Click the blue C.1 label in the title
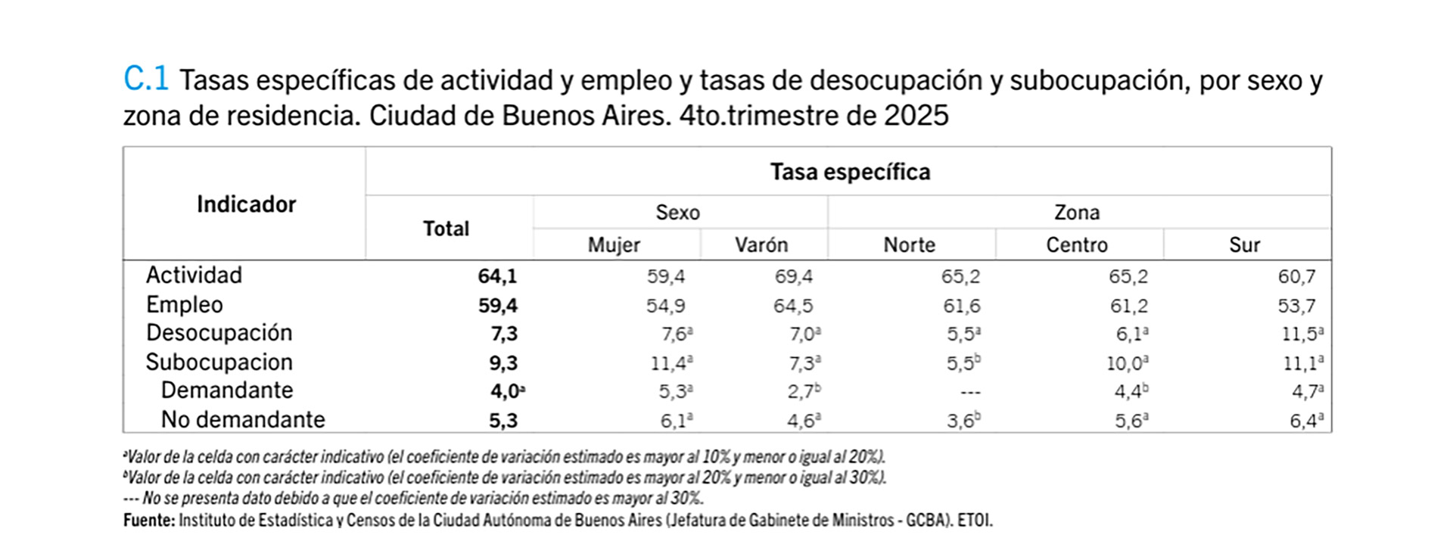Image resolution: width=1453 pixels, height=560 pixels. click(146, 78)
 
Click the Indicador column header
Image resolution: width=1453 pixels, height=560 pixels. click(246, 204)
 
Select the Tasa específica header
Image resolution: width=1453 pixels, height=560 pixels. click(850, 172)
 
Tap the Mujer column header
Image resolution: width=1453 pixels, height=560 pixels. click(614, 244)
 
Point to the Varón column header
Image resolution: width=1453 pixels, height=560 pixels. click(761, 244)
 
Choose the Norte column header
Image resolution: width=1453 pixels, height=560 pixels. click(909, 244)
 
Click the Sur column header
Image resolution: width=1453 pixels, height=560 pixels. click(1244, 244)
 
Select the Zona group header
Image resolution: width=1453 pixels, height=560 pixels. click(1076, 213)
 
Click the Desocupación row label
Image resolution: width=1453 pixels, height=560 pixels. click(219, 333)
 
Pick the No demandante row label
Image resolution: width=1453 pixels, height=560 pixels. click(243, 419)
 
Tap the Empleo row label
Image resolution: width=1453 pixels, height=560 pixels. click(185, 304)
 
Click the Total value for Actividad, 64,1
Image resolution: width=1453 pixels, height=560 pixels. click(497, 276)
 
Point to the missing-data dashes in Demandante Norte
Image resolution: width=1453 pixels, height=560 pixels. click(969, 392)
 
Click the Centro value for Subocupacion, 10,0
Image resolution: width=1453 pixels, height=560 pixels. click(1126, 363)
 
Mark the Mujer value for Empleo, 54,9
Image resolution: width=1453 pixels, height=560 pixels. click(665, 306)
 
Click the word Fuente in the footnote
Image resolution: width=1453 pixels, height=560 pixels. click(148, 521)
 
